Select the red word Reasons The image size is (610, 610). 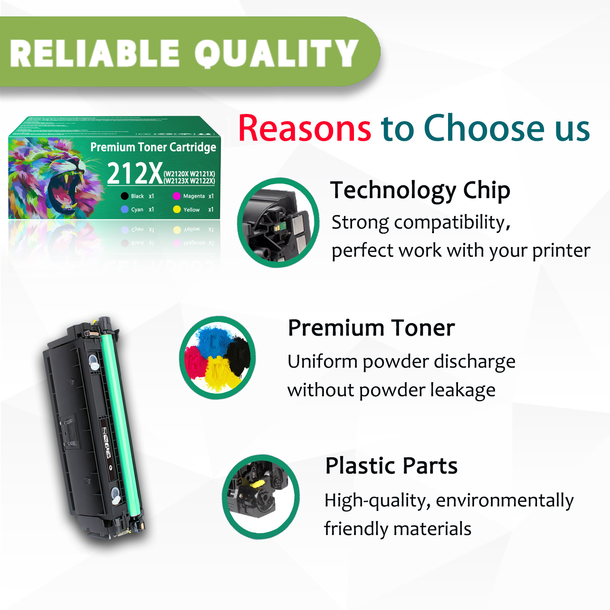tap(304, 128)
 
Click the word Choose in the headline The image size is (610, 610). tap(484, 128)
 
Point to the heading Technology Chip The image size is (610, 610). tap(420, 190)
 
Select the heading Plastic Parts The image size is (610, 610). tap(391, 466)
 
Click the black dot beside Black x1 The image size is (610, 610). tap(125, 196)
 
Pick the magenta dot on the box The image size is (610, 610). tap(176, 196)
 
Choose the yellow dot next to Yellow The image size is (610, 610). tap(177, 210)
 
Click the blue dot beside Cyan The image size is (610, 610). tap(125, 210)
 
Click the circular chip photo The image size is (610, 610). tap(278, 223)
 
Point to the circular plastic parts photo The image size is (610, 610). tap(261, 497)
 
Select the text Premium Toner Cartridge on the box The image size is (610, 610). tap(153, 147)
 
